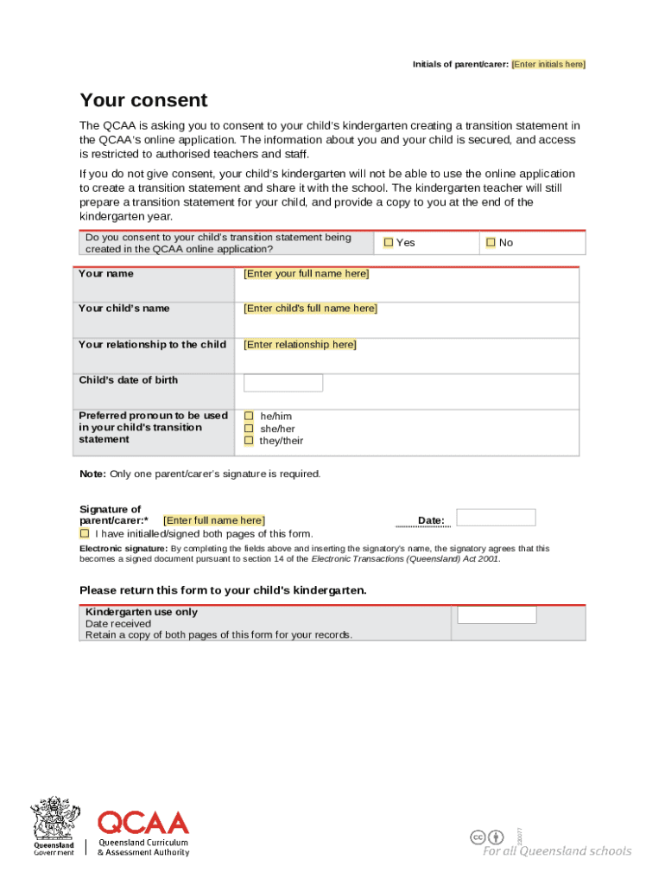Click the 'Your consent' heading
click(143, 100)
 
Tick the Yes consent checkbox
click(389, 243)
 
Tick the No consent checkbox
click(491, 243)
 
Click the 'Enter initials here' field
click(548, 64)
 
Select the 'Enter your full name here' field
click(306, 274)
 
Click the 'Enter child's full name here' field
click(310, 309)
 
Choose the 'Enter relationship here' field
click(300, 345)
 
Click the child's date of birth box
click(283, 383)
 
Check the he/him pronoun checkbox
click(249, 417)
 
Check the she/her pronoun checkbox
click(249, 429)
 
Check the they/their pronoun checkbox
click(249, 441)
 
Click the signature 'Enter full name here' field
click(214, 520)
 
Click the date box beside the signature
click(496, 518)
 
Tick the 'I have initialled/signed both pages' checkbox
click(85, 533)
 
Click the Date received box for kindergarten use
click(497, 614)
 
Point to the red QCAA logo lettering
click(143, 823)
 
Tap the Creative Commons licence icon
click(478, 837)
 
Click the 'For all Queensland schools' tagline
click(556, 851)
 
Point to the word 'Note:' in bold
click(93, 474)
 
